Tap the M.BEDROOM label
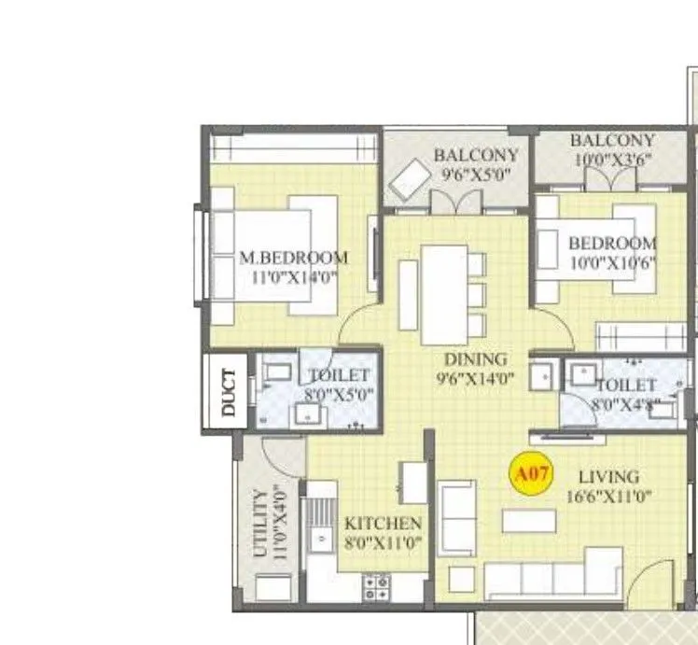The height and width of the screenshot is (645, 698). tap(294, 258)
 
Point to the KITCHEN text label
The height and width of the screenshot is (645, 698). tap(383, 524)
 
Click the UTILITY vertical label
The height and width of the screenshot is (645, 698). tap(260, 523)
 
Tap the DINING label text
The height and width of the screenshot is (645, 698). tap(475, 359)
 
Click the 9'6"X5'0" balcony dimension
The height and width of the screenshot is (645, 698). tap(475, 173)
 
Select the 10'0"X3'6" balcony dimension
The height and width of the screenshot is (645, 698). tap(612, 159)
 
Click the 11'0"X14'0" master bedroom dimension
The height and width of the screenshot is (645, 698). tap(294, 277)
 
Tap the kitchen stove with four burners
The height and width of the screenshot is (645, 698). tap(376, 585)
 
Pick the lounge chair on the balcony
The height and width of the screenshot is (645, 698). tap(408, 178)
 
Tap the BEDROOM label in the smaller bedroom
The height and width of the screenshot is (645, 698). tap(612, 244)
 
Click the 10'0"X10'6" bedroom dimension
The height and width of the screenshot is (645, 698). tap(612, 262)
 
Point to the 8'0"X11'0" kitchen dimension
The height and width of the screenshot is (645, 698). tap(383, 542)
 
